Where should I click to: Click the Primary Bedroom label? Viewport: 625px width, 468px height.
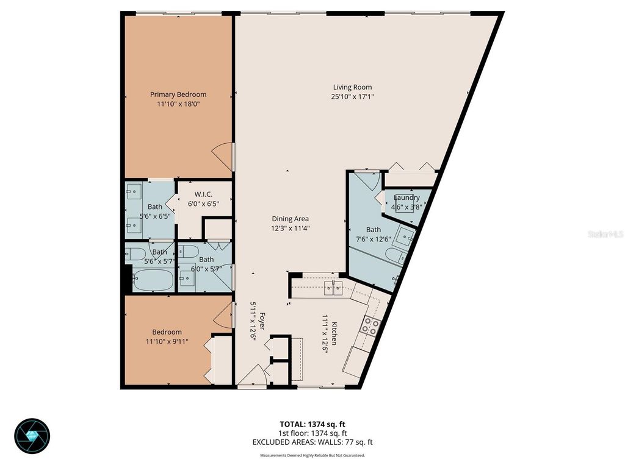[178, 94]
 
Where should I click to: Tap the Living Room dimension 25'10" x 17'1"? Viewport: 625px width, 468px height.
[352, 96]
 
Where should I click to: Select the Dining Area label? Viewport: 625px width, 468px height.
[290, 219]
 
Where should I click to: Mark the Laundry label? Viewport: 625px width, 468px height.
[406, 197]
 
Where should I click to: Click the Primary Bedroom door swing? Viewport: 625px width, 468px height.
[225, 157]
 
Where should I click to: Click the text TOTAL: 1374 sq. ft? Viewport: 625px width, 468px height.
[312, 424]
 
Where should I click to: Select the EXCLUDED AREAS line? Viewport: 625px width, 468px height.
[312, 442]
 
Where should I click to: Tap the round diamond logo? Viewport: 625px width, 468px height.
[32, 435]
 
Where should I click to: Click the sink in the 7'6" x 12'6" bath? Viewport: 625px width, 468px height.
[406, 234]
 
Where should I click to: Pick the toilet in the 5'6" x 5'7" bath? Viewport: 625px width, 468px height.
[137, 253]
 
